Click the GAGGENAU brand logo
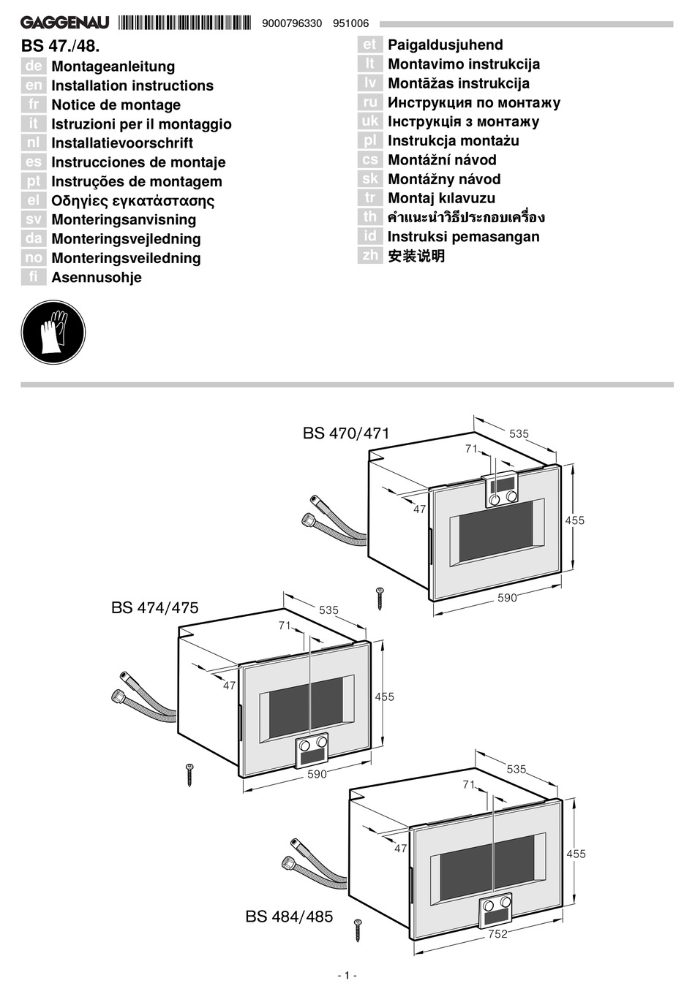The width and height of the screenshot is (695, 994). point(65,23)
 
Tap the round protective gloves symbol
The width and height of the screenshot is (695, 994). point(53,333)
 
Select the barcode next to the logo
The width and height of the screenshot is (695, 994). point(184,23)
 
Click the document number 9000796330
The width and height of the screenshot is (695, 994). point(292,23)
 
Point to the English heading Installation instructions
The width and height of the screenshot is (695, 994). point(132,86)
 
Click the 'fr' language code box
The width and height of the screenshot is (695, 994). point(34,105)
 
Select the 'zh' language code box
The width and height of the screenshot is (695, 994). point(370,255)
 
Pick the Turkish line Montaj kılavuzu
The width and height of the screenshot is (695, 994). point(441,198)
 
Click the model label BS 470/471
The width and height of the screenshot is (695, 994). point(346,433)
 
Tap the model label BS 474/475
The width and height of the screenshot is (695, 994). point(155,607)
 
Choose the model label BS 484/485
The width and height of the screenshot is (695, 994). point(289,917)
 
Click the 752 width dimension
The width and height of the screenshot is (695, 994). point(497,934)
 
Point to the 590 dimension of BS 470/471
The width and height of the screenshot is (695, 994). point(507,598)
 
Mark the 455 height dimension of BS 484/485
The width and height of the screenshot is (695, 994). point(576,854)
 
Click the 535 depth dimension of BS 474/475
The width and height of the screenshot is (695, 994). point(328,610)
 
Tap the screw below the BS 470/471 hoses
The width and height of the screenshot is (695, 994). point(380,598)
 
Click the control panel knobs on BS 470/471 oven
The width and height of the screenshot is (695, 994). point(502,498)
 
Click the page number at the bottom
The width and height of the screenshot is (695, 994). point(347,975)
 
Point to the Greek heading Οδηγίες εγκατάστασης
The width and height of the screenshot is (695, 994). point(132,200)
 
